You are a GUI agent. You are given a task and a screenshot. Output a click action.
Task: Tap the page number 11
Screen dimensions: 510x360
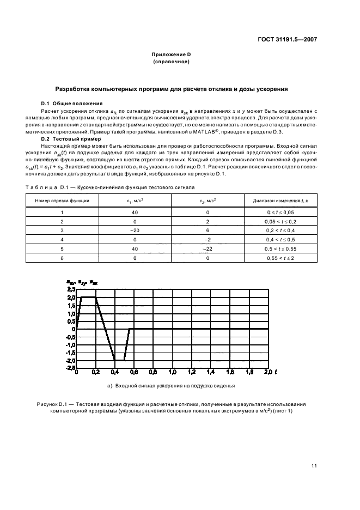[314, 465]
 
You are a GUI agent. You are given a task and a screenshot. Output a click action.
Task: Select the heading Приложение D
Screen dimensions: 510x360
[171, 54]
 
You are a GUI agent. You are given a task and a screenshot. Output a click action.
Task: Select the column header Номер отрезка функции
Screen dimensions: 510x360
[63, 201]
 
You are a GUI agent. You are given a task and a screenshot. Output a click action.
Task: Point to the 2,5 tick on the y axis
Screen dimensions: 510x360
[71, 290]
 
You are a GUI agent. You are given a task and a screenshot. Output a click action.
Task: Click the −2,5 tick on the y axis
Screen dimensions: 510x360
[70, 368]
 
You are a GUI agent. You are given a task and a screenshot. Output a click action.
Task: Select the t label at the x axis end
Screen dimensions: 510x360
[276, 372]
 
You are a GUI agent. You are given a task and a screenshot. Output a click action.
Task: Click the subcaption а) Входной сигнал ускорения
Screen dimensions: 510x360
[171, 386]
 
